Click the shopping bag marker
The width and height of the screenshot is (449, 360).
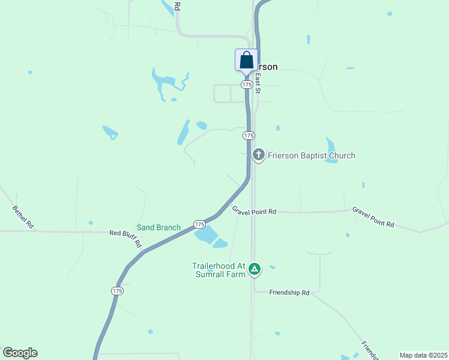point(246,61)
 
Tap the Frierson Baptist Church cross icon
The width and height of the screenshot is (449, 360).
point(259,155)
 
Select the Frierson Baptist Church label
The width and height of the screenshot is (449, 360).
point(312,156)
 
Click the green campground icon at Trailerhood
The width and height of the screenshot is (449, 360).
point(255,269)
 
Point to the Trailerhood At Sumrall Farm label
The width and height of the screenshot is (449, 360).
point(219,270)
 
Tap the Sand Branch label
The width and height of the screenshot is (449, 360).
point(158,227)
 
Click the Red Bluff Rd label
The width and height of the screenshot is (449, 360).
point(125,239)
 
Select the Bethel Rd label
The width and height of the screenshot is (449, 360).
point(23,218)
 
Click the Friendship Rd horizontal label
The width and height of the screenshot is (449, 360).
point(289,293)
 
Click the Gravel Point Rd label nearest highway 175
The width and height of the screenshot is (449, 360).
point(255,212)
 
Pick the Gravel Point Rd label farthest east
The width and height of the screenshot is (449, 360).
point(373,217)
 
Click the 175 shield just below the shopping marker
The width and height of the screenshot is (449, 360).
point(247,85)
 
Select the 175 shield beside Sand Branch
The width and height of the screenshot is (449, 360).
point(200,224)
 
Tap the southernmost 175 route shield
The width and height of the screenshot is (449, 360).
point(117,290)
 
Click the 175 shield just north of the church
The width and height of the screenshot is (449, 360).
point(249,136)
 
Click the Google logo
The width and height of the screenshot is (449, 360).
point(20,353)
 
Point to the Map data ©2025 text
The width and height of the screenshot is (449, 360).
point(423,355)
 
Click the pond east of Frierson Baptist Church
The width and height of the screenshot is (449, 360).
point(331,151)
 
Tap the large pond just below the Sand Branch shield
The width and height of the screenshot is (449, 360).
point(206,235)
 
